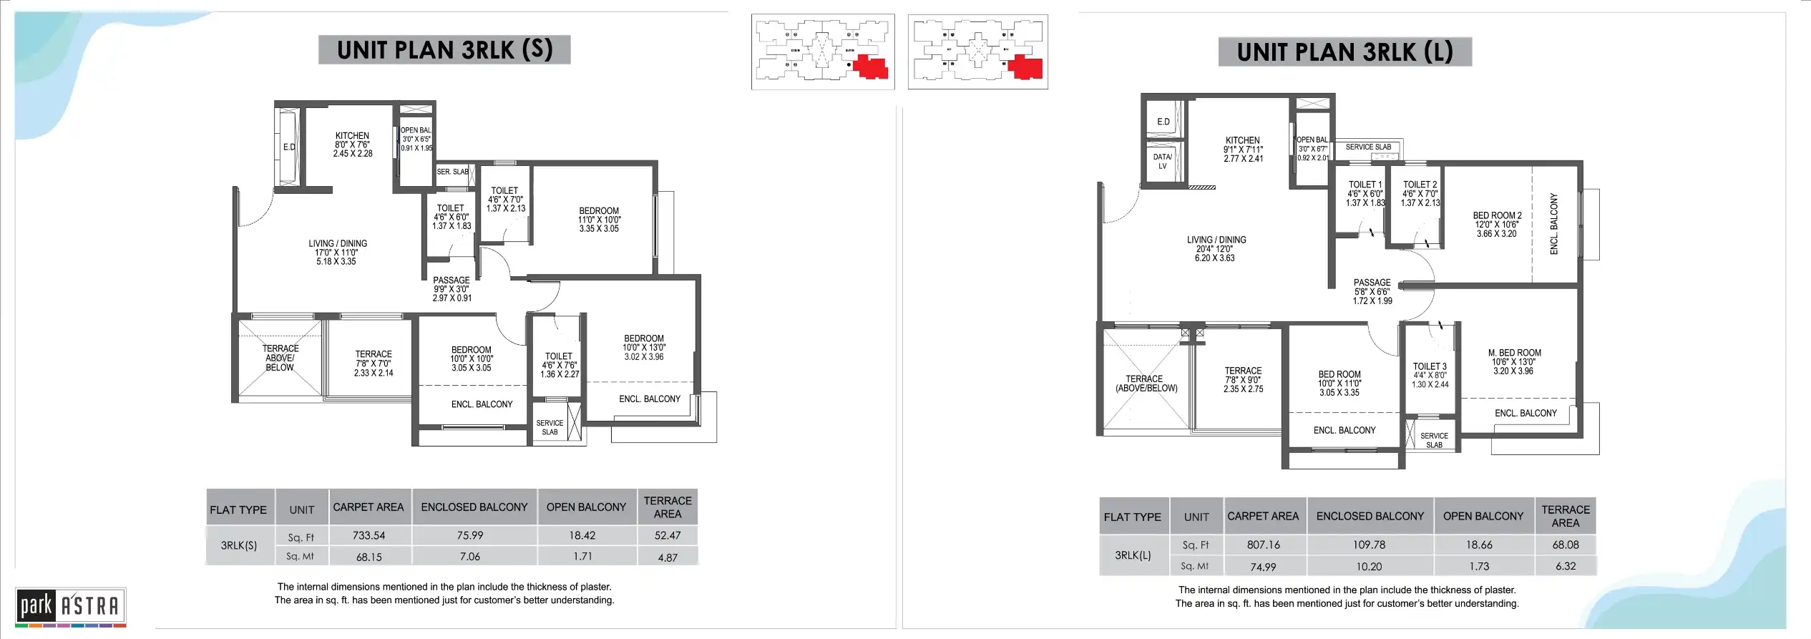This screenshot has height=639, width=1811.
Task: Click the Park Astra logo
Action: pyautogui.click(x=70, y=606)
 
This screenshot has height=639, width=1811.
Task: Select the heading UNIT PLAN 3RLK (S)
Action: pyautogui.click(x=444, y=50)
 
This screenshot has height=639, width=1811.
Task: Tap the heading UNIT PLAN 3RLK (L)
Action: pyautogui.click(x=1344, y=52)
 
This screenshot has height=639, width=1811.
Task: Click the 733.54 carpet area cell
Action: pyautogui.click(x=368, y=535)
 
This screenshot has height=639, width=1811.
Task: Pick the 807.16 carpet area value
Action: pyautogui.click(x=1263, y=545)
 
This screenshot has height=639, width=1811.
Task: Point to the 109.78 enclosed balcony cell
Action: pyautogui.click(x=1369, y=545)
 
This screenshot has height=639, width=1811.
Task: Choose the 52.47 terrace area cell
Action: pyautogui.click(x=667, y=535)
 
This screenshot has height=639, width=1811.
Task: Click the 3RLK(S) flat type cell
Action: pyautogui.click(x=239, y=545)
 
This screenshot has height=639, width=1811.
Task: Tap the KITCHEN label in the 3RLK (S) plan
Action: pyautogui.click(x=352, y=136)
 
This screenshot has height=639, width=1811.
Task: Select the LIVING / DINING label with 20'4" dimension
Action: pyautogui.click(x=1216, y=240)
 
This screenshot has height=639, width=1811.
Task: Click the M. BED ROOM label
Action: pyautogui.click(x=1514, y=353)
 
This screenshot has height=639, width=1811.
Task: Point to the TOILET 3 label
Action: pyautogui.click(x=1430, y=366)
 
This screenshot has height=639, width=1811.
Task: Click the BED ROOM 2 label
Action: pyautogui.click(x=1497, y=215)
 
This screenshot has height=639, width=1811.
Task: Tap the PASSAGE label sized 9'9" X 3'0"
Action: pyautogui.click(x=451, y=281)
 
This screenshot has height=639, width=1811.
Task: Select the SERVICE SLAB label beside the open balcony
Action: pyautogui.click(x=1368, y=147)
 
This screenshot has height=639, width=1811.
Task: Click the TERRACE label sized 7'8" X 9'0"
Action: pyautogui.click(x=1243, y=371)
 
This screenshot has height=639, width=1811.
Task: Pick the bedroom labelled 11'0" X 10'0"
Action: pyautogui.click(x=600, y=212)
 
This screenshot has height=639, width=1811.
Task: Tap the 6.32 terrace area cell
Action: pyautogui.click(x=1565, y=566)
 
